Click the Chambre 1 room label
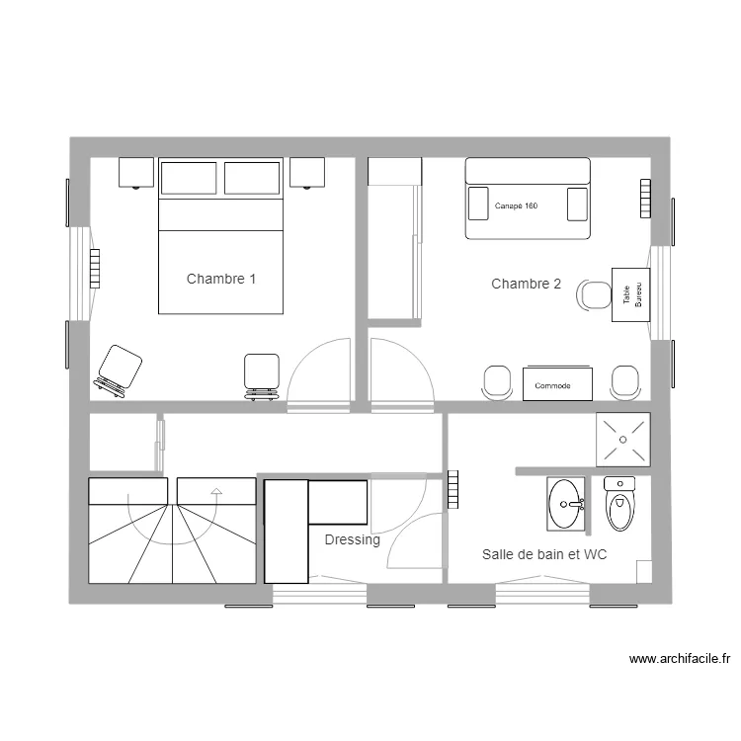(221, 280)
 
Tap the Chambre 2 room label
(526, 285)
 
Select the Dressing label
(352, 540)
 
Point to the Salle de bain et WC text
(544, 555)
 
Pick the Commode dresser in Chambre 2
(557, 384)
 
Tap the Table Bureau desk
(631, 294)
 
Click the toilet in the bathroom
(619, 505)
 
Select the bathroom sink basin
(565, 504)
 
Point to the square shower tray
(622, 439)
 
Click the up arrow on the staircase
(214, 488)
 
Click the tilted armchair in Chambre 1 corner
(119, 370)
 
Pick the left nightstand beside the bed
(136, 172)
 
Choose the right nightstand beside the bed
(308, 172)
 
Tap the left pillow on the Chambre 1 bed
(189, 179)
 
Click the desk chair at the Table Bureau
(594, 294)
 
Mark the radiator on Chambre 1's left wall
(95, 268)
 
